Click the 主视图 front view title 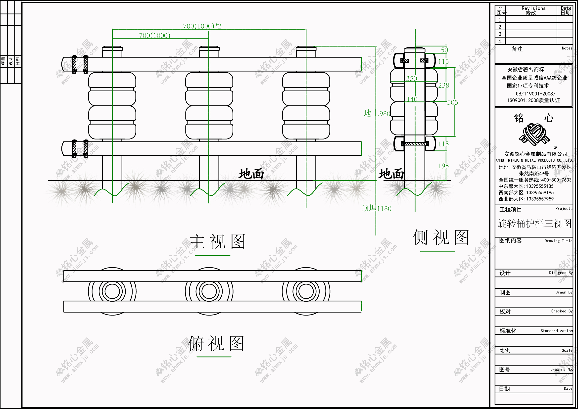(217, 241)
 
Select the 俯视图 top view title (216, 344)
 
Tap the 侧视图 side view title (440, 237)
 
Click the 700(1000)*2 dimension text (202, 26)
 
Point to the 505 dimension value (452, 102)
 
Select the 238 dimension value (443, 86)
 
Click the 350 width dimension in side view (412, 79)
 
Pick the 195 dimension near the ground (443, 166)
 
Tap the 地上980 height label (377, 113)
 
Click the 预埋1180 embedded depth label (376, 208)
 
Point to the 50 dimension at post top (444, 50)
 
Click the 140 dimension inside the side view (412, 99)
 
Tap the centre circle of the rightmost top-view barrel (306, 291)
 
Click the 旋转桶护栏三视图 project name (534, 223)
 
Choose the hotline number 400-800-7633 (556, 180)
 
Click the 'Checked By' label (562, 311)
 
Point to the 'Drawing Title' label (558, 241)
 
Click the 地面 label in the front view (251, 174)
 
